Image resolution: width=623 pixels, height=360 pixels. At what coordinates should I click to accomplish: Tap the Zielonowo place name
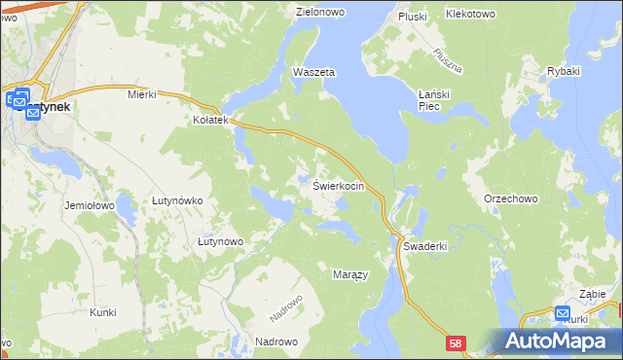322,13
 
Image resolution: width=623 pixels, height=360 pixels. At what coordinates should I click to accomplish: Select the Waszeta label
313,73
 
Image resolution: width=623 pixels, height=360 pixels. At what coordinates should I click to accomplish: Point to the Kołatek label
209,121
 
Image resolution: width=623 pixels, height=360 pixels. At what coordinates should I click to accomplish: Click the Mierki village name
142,94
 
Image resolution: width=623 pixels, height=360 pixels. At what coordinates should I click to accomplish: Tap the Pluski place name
413,17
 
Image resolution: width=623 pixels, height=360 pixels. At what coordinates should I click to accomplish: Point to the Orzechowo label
511,198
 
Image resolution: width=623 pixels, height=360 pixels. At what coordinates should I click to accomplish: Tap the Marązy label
350,274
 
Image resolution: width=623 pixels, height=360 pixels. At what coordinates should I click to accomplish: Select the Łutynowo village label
219,240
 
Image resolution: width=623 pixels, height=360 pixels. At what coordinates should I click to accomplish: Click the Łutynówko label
176,200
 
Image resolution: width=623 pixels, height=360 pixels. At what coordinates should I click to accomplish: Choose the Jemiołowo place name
90,206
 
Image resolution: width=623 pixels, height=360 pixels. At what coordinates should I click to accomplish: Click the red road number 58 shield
458,343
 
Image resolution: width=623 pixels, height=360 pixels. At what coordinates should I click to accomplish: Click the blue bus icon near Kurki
563,313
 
